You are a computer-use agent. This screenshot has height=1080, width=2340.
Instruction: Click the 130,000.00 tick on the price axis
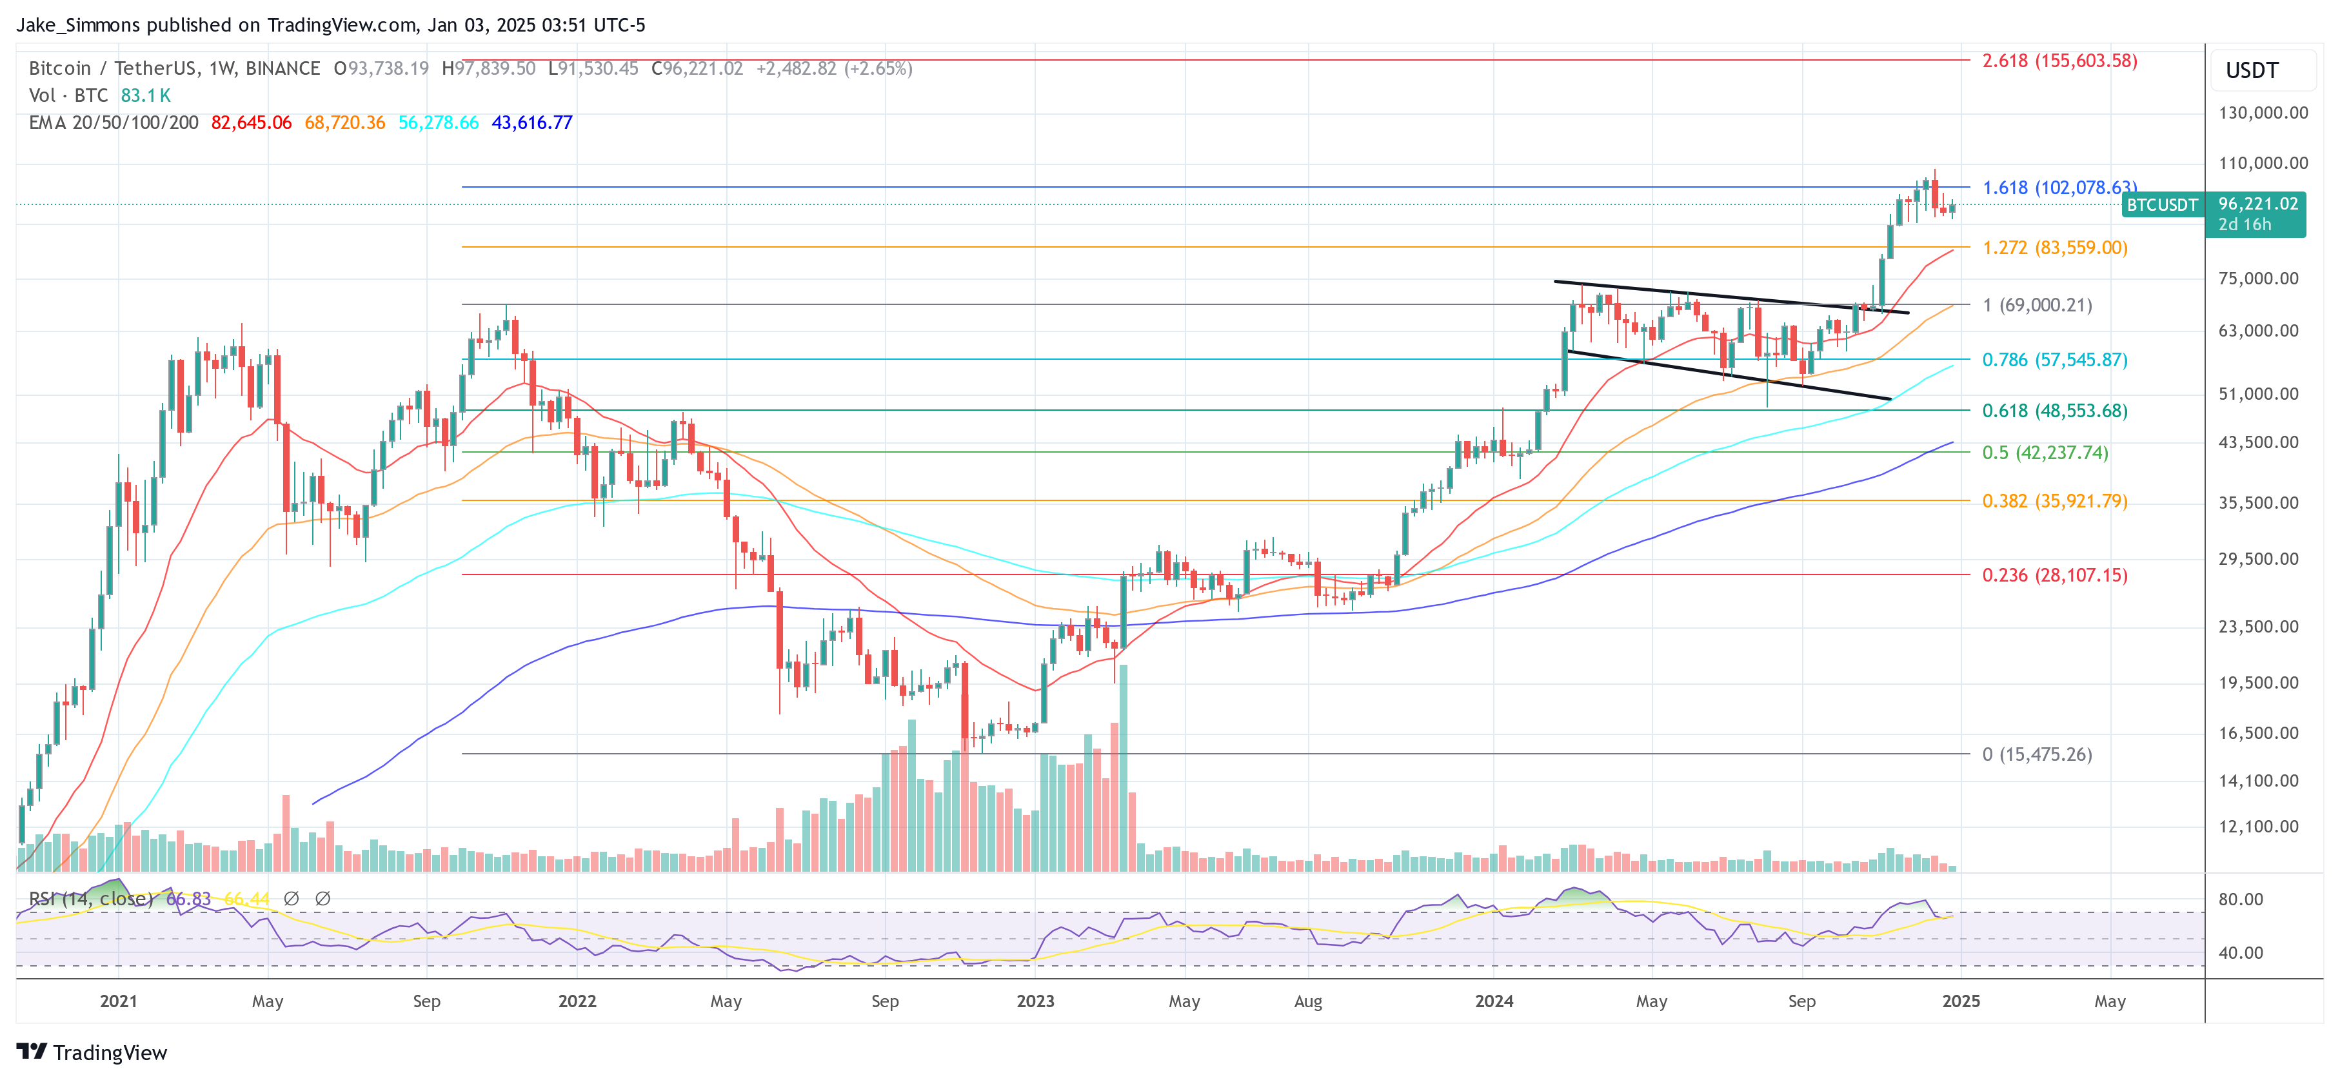pos(2262,113)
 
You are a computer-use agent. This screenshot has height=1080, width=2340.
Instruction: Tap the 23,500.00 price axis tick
pos(2258,627)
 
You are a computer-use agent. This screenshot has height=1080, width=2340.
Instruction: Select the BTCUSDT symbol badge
pos(2161,205)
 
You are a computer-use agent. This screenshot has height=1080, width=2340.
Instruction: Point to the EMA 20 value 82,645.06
pos(251,123)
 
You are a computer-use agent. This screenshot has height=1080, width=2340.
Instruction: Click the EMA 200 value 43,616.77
pos(531,123)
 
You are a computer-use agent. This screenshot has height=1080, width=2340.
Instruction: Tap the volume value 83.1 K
pos(145,95)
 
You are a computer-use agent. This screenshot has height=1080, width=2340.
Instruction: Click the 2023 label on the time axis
pos(1035,1001)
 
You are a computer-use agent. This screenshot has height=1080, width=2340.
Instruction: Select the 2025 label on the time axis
pos(1960,1001)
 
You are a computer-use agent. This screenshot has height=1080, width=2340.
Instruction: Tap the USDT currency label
pos(2252,71)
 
